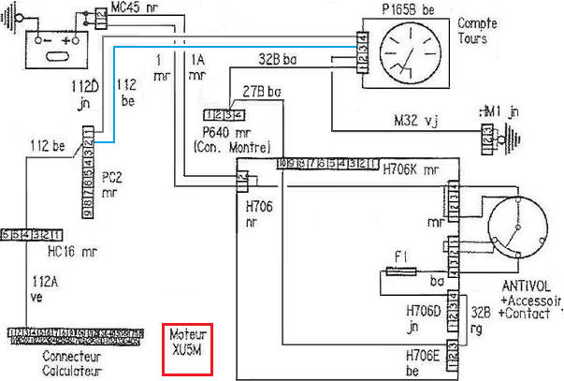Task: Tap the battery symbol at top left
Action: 52,43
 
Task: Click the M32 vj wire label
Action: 416,121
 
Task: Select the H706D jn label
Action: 423,316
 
